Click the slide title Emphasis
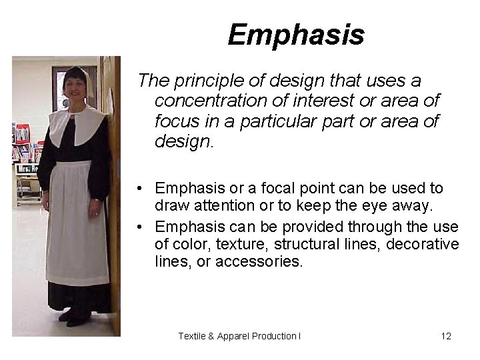coord(295,35)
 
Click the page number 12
coord(446,336)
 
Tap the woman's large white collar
coord(77,123)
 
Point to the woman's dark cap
coord(75,73)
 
